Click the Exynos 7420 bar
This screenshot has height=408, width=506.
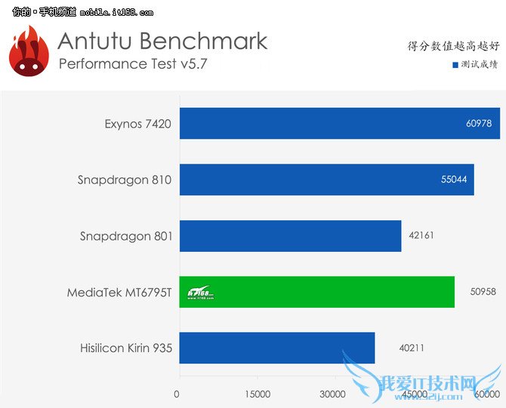point(339,123)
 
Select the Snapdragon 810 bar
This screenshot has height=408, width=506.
point(326,179)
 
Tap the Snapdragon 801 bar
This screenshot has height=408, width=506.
point(290,236)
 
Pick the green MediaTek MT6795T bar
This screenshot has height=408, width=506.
point(316,292)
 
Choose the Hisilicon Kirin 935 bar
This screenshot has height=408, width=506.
point(277,348)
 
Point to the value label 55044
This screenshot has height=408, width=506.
point(455,180)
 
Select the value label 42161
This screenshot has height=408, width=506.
point(421,236)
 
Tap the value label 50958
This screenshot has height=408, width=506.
point(475,292)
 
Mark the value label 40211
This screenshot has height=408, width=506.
point(412,348)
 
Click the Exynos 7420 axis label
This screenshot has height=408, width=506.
point(138,124)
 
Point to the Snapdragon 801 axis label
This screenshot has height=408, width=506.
point(126,236)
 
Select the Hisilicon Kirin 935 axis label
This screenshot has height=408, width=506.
point(126,348)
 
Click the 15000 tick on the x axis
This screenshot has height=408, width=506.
point(258,394)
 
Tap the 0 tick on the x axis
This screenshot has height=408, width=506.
point(177,394)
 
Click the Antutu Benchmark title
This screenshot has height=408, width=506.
point(162,40)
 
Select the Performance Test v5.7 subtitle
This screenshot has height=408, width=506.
point(132,63)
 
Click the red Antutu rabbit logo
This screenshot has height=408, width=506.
point(29,51)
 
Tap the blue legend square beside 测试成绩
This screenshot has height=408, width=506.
point(455,65)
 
